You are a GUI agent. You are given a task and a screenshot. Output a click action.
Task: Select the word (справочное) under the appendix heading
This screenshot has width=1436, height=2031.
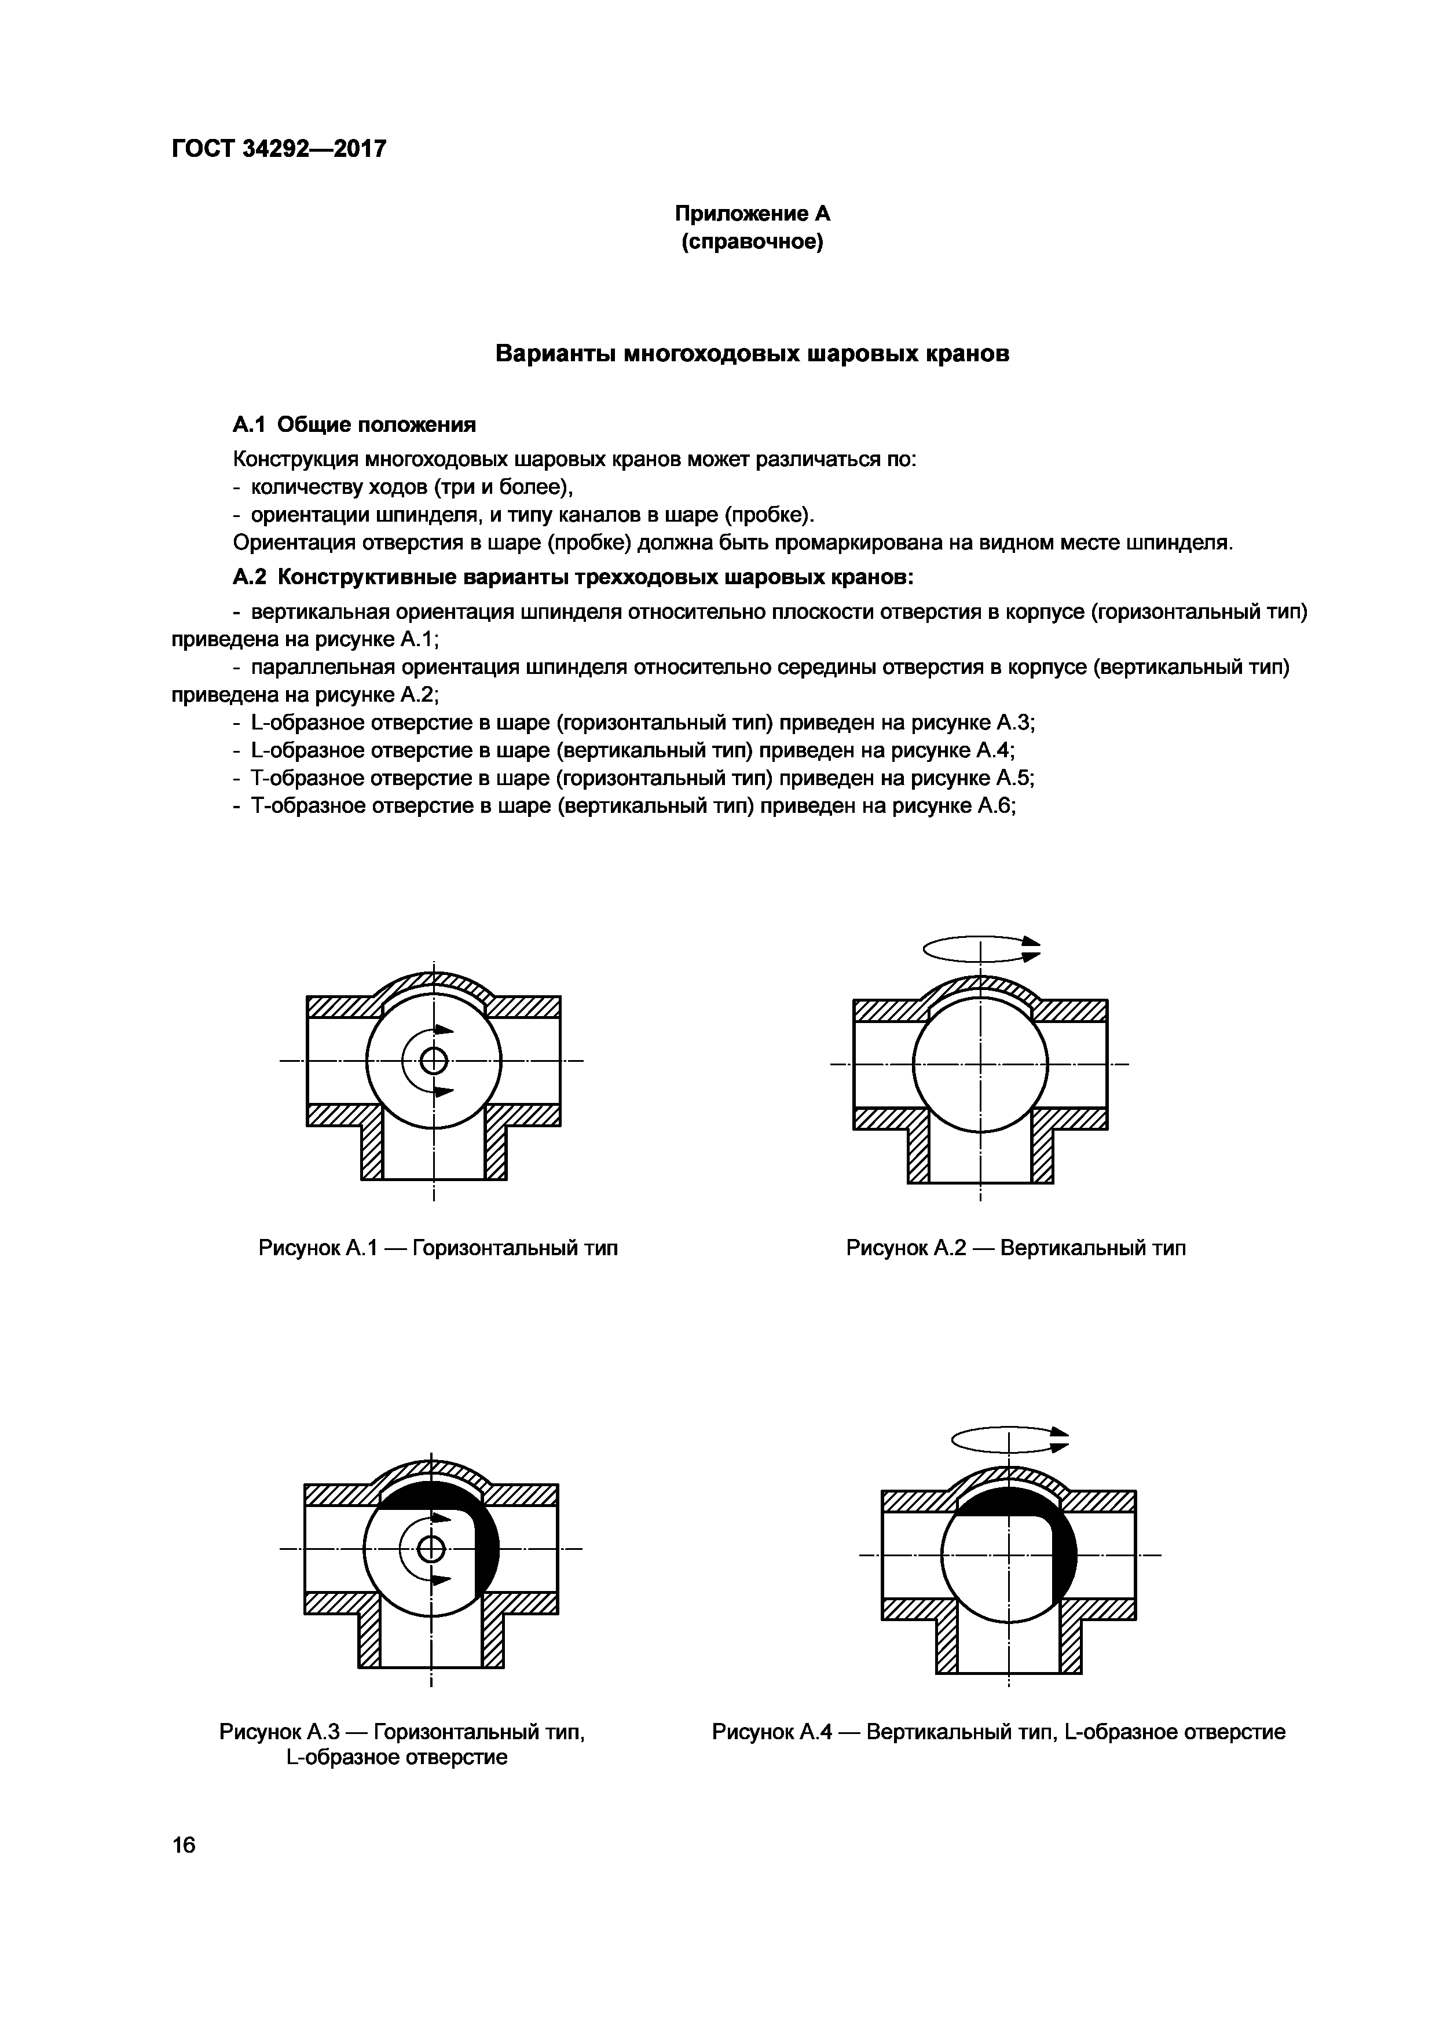[x=752, y=241]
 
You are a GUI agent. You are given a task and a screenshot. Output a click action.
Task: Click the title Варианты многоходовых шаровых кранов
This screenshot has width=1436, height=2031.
[x=752, y=354]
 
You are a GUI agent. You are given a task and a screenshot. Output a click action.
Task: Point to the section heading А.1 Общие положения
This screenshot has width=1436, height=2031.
[x=354, y=426]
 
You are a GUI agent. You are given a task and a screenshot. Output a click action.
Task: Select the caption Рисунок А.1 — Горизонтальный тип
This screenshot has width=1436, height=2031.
[x=438, y=1248]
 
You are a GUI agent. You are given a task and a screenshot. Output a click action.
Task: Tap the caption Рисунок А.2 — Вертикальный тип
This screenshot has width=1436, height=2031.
[x=1016, y=1248]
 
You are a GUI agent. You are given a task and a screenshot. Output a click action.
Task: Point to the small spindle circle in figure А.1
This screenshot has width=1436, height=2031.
[x=434, y=1060]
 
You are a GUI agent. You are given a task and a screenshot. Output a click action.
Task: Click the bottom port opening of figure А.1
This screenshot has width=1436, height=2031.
[x=434, y=1154]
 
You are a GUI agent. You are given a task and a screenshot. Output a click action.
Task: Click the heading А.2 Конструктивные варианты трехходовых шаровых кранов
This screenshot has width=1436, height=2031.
[x=573, y=578]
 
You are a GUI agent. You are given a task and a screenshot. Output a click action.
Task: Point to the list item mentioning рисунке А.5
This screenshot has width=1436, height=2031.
[x=633, y=779]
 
